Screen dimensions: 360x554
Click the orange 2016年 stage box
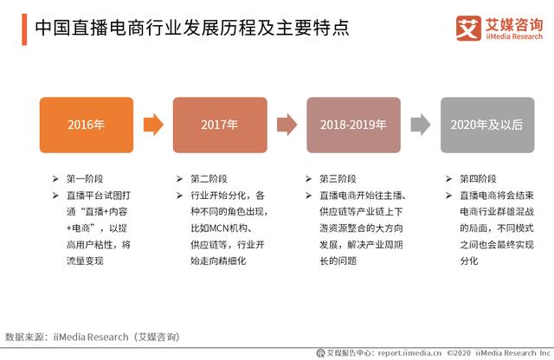[86, 125]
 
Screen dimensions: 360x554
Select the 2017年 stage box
[219, 125]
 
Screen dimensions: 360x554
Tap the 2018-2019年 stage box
[353, 125]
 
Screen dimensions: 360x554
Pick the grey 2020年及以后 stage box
[487, 125]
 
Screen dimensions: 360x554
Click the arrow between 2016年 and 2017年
[152, 125]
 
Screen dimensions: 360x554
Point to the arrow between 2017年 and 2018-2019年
[287, 125]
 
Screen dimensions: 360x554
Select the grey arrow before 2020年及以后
[421, 125]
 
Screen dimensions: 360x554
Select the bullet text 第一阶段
[87, 178]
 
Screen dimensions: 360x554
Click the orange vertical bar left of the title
[23, 28]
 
